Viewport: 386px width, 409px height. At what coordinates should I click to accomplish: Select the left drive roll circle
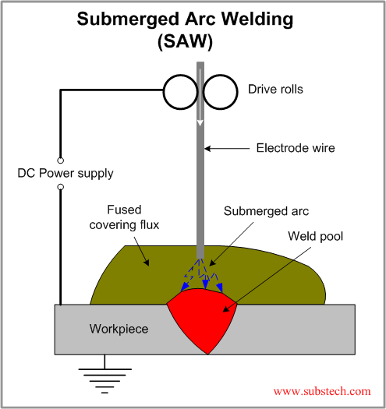click(181, 91)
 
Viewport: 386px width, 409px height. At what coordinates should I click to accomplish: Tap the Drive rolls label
click(275, 90)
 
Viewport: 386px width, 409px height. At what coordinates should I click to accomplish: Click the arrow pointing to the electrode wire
click(231, 146)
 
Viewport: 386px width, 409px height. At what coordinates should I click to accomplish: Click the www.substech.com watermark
click(321, 390)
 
